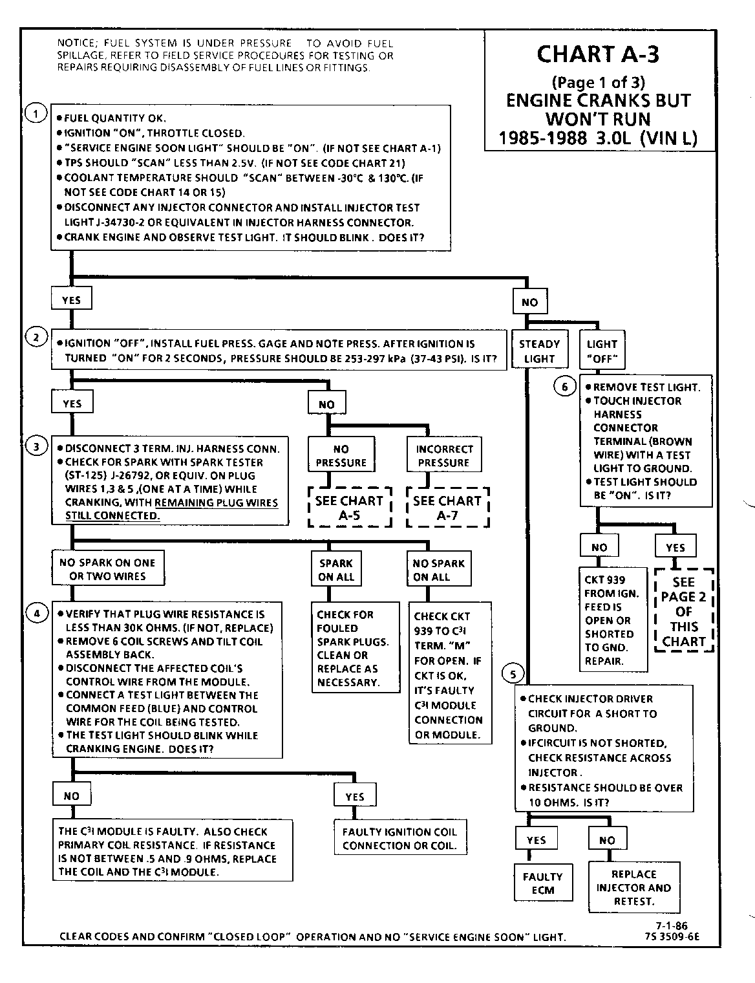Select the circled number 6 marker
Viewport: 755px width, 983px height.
[x=565, y=387]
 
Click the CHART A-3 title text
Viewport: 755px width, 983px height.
[x=598, y=55]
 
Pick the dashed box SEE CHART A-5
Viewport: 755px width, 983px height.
[x=350, y=508]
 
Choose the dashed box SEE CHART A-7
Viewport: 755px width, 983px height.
[x=447, y=508]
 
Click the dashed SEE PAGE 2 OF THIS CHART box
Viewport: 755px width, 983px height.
[x=684, y=611]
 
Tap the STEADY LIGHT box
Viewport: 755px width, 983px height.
[x=540, y=351]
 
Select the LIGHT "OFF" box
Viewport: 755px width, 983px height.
[x=602, y=351]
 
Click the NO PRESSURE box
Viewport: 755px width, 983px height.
[x=341, y=456]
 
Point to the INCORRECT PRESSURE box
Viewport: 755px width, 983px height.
[x=444, y=456]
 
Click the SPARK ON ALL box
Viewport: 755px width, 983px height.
[x=336, y=570]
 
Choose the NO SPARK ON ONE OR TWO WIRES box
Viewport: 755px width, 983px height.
[x=107, y=569]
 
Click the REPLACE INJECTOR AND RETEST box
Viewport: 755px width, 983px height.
[x=633, y=887]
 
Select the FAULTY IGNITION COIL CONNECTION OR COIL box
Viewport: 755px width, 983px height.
[x=399, y=839]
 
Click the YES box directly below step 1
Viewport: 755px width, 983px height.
[x=71, y=300]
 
